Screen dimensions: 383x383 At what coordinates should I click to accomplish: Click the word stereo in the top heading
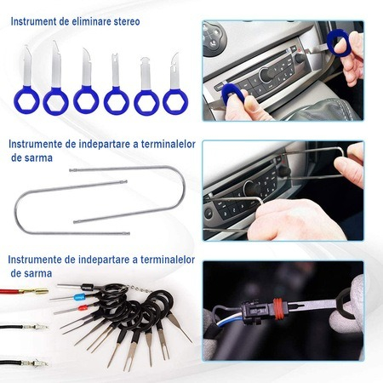(x=127, y=21)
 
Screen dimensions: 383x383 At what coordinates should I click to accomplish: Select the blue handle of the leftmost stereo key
(x=26, y=100)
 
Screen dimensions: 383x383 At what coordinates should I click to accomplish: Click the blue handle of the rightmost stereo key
(x=175, y=101)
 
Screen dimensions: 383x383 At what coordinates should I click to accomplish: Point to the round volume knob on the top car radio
(x=266, y=75)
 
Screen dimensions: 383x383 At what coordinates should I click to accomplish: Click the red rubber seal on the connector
(x=279, y=309)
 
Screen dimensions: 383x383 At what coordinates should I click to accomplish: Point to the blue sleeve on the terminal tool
(x=79, y=297)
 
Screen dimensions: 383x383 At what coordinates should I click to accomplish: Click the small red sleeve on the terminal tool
(x=83, y=307)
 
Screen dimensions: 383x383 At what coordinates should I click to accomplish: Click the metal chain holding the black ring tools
(x=139, y=289)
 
